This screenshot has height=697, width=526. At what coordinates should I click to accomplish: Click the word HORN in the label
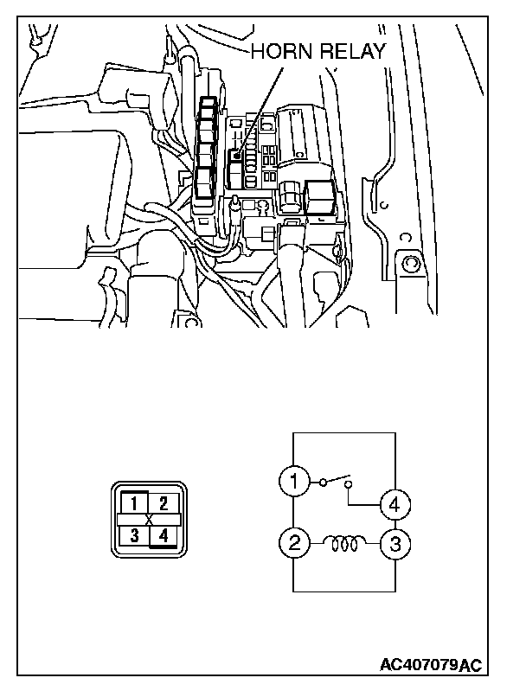pos(279,53)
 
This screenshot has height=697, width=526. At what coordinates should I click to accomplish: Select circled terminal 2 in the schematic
pos(294,544)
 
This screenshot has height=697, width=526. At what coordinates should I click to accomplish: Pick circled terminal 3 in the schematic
pos(396,544)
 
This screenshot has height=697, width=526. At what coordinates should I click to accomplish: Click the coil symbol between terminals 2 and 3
pos(345,544)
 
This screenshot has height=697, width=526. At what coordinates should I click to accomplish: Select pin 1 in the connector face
pos(134,501)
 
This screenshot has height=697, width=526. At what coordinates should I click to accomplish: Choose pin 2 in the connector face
pos(166,501)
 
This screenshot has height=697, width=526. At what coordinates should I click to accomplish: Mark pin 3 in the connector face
pos(134,536)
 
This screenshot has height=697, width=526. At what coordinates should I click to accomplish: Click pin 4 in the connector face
pos(164,536)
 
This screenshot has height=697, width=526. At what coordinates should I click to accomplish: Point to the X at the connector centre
pos(150,519)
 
